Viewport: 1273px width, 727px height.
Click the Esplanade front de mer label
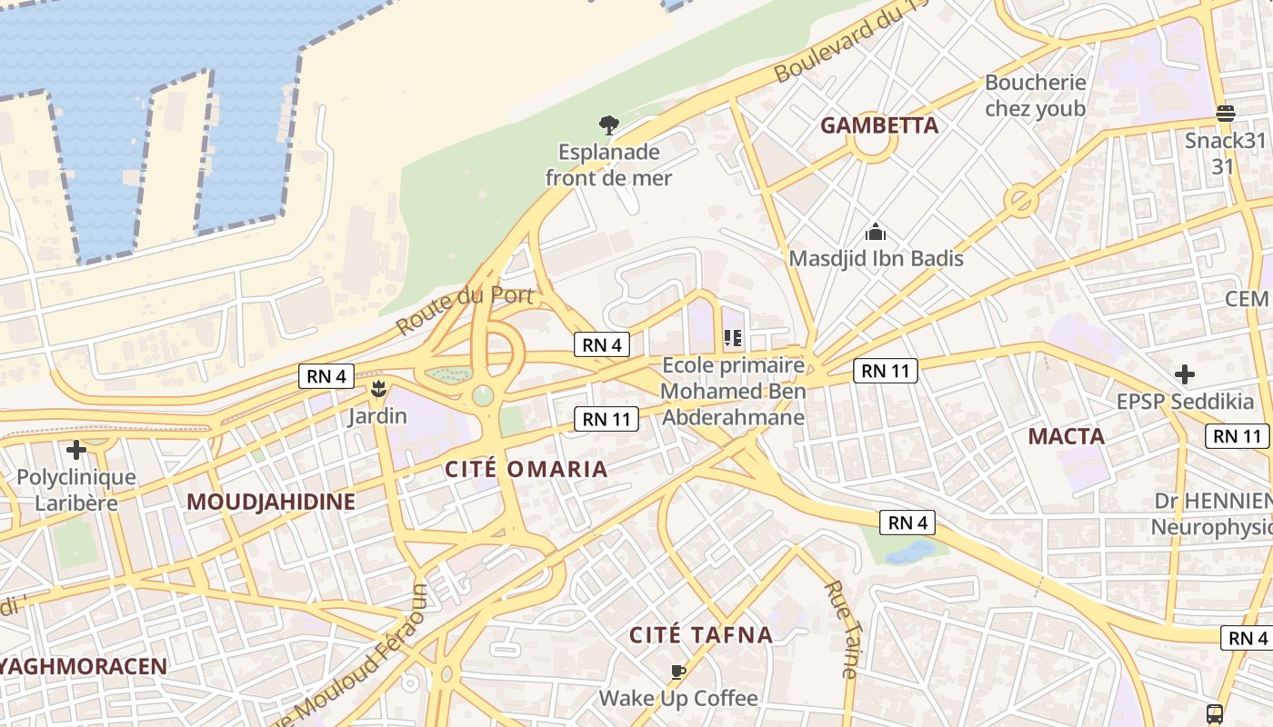pyautogui.click(x=608, y=164)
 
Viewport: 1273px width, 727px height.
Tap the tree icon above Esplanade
pyautogui.click(x=608, y=124)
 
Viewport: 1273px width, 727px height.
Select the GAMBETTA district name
pyautogui.click(x=878, y=125)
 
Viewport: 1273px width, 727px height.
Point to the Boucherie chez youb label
pyautogui.click(x=1035, y=95)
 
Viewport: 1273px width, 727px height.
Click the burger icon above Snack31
pyautogui.click(x=1225, y=114)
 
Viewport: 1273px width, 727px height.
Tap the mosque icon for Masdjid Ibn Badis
pyautogui.click(x=876, y=232)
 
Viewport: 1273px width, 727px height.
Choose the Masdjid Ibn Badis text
pyautogui.click(x=876, y=259)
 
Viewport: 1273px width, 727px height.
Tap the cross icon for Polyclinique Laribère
pyautogui.click(x=76, y=449)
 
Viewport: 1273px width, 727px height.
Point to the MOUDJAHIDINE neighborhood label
pyautogui.click(x=271, y=502)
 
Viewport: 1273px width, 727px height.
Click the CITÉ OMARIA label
pyautogui.click(x=526, y=469)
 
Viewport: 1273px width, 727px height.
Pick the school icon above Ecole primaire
pyautogui.click(x=732, y=339)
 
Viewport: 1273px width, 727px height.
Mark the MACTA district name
pyautogui.click(x=1066, y=436)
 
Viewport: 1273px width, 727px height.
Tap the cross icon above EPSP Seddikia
pyautogui.click(x=1184, y=373)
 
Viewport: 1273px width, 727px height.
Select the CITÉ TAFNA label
pyautogui.click(x=701, y=635)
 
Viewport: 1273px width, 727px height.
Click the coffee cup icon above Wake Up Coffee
pyautogui.click(x=677, y=672)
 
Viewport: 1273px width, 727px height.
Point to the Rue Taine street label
pyautogui.click(x=841, y=629)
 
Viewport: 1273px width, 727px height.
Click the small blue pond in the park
pyautogui.click(x=910, y=551)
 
